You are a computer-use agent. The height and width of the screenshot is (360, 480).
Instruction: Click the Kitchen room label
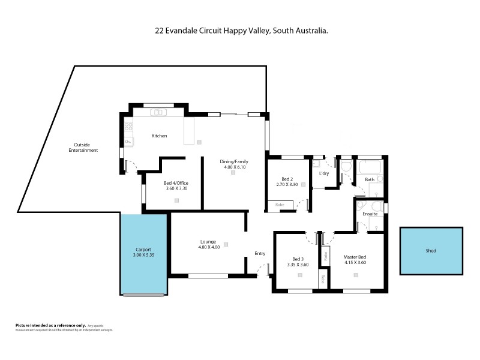(159, 136)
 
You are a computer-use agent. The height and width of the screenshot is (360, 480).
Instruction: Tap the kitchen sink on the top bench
(159, 112)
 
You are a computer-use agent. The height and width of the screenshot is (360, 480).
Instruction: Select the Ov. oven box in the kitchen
(128, 142)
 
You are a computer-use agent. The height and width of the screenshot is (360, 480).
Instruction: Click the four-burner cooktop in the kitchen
(128, 127)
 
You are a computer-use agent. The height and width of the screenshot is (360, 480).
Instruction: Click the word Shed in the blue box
(431, 251)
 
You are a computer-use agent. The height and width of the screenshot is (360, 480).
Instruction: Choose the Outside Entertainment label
(86, 147)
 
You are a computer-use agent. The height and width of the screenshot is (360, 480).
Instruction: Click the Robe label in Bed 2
(280, 205)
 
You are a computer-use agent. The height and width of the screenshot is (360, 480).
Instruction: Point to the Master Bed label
(355, 257)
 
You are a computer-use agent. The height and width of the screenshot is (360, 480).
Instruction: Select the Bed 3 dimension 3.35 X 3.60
(297, 263)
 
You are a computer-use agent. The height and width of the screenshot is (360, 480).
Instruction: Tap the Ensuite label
(370, 214)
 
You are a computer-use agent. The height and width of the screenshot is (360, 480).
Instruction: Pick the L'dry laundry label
(324, 174)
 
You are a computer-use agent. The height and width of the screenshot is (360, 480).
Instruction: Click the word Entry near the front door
(260, 253)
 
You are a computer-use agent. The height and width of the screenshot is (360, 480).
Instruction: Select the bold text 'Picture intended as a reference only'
(50, 325)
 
